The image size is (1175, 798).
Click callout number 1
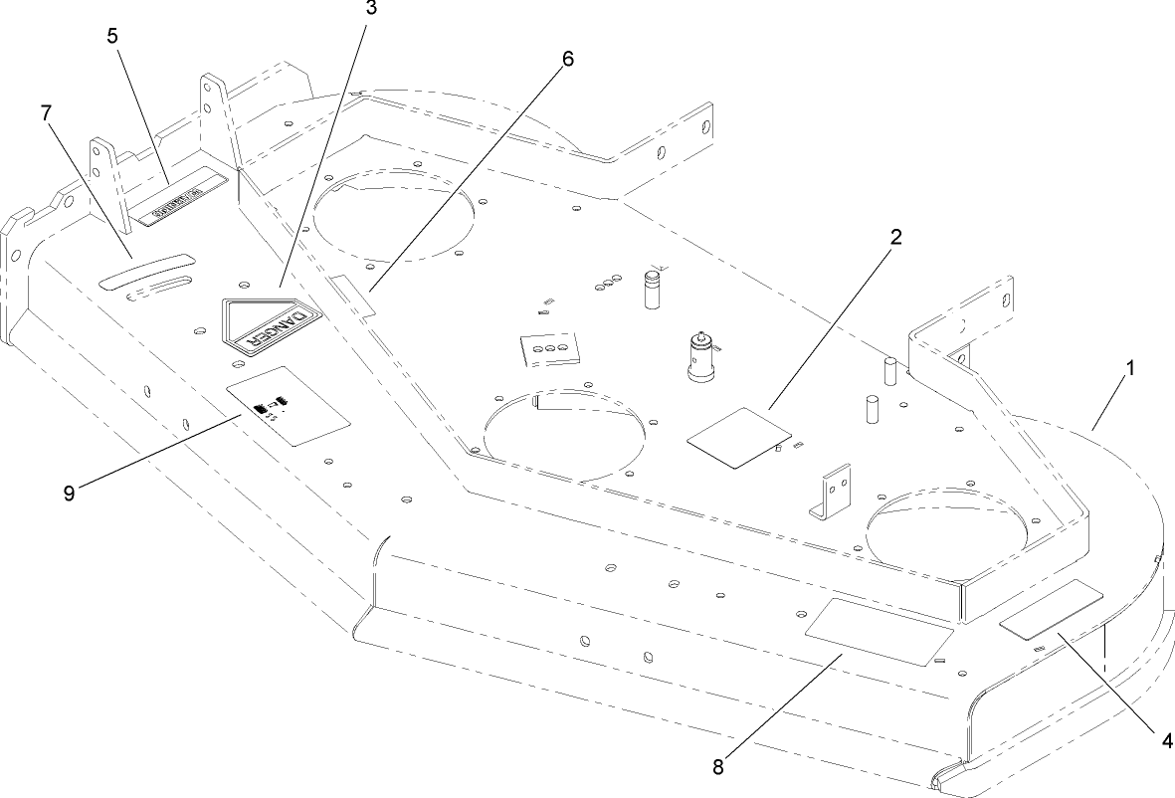point(1129,367)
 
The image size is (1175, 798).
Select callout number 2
point(895,237)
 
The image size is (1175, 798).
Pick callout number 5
point(112,35)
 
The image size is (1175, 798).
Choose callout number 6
point(567,58)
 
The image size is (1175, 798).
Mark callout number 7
point(46,112)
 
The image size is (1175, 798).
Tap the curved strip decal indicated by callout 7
point(144,270)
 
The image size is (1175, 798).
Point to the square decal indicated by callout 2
point(741,435)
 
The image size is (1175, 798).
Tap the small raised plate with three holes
point(550,349)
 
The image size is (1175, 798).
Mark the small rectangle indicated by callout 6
point(355,297)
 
